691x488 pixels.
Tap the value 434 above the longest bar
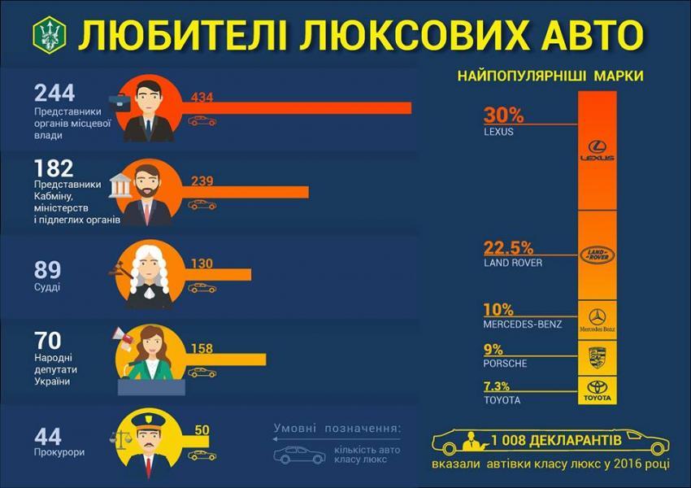[202, 98]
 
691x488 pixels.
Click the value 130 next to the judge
[202, 264]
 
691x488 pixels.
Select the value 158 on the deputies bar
[202, 350]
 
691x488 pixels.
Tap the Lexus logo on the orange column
[597, 152]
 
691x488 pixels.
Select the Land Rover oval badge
[597, 255]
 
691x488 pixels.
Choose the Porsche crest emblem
[597, 356]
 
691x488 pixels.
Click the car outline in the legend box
[299, 455]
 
